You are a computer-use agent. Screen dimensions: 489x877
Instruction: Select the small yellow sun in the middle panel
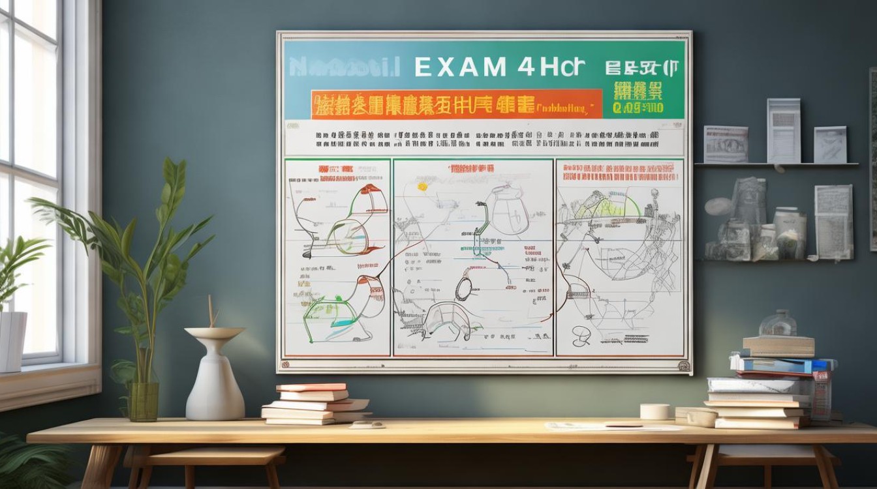(422, 187)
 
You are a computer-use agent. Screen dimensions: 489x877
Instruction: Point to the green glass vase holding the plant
(143, 400)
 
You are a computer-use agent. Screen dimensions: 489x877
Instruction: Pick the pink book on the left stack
(311, 387)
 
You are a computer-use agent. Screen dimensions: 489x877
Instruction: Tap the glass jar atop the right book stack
(778, 323)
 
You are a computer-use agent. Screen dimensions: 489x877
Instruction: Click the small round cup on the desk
(654, 411)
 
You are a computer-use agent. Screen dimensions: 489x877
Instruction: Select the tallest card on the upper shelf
(784, 130)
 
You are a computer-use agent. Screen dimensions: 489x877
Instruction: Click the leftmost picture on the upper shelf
(726, 144)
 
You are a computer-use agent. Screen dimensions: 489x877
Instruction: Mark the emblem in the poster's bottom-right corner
(683, 365)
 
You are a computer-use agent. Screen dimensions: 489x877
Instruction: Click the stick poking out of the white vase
(211, 312)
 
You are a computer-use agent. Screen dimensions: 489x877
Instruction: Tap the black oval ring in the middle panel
(463, 287)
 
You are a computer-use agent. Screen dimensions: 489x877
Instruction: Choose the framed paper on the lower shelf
(833, 222)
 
